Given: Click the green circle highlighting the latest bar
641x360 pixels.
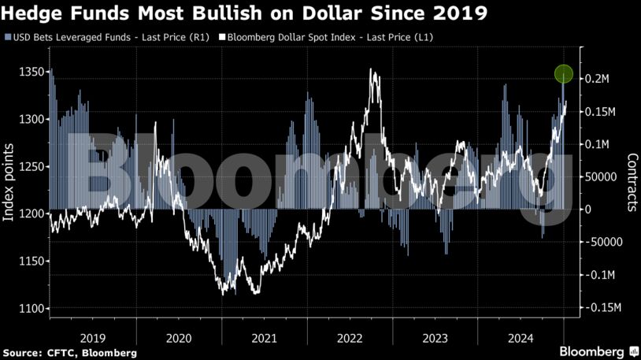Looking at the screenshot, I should tap(563, 74).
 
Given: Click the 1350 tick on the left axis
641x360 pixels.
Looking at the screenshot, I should tap(30, 72).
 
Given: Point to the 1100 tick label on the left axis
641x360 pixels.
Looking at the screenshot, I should tap(30, 308).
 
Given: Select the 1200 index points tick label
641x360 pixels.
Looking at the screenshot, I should tap(30, 213).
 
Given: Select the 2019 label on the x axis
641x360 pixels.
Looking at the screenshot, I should tap(93, 337).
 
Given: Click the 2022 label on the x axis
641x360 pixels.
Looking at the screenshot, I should tap(350, 337).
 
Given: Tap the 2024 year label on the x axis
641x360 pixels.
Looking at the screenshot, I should tap(521, 337).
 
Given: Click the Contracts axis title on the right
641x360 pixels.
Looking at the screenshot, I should tap(631, 183).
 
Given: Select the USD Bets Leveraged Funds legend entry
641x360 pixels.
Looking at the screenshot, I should tap(106, 37).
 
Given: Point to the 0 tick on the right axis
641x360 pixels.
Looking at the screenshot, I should tap(587, 210).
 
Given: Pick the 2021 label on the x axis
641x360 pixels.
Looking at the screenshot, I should tap(264, 337).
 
